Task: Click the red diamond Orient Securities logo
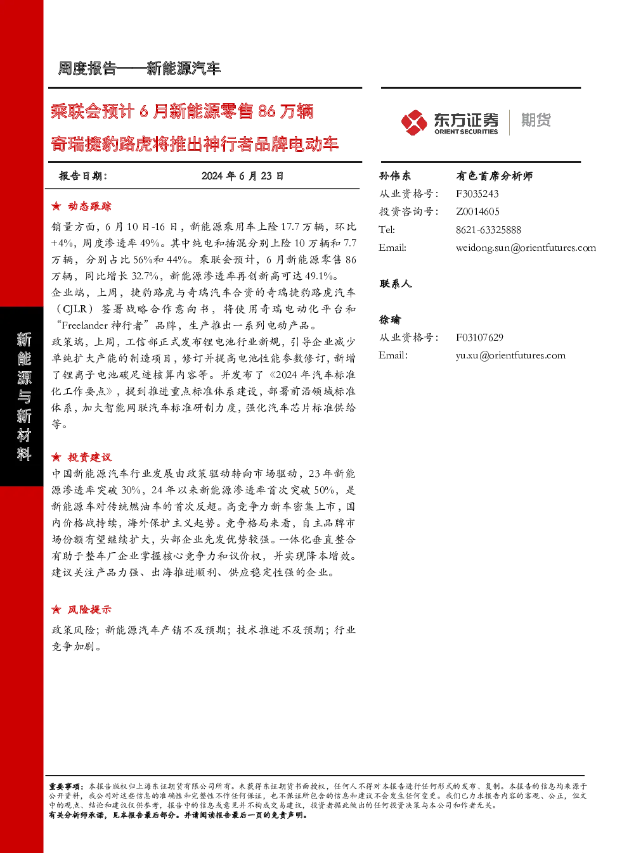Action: (414, 123)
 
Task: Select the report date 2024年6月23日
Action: (242, 176)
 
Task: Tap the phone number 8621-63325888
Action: (488, 230)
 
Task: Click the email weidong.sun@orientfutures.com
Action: (526, 248)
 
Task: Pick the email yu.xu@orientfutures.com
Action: (510, 356)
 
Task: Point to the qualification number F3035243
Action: (477, 194)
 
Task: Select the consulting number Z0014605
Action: (477, 212)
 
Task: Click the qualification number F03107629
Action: (479, 338)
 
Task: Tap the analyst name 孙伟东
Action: (395, 176)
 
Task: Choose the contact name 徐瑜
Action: (390, 320)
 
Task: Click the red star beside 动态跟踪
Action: (56, 206)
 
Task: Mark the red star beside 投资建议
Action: (56, 457)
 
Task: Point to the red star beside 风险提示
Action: (56, 609)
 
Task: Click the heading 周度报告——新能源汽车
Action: (139, 68)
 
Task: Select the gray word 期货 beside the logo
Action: (536, 120)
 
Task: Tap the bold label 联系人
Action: (395, 284)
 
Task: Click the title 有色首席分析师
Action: (494, 176)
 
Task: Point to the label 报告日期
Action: (83, 176)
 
